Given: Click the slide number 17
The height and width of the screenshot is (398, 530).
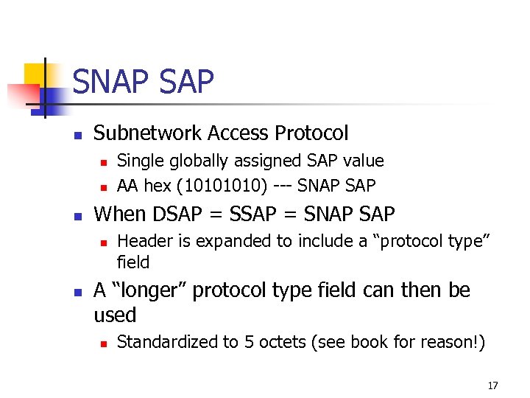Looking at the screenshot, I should pyautogui.click(x=492, y=385).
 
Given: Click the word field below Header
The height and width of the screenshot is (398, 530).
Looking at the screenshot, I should pyautogui.click(x=133, y=262).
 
